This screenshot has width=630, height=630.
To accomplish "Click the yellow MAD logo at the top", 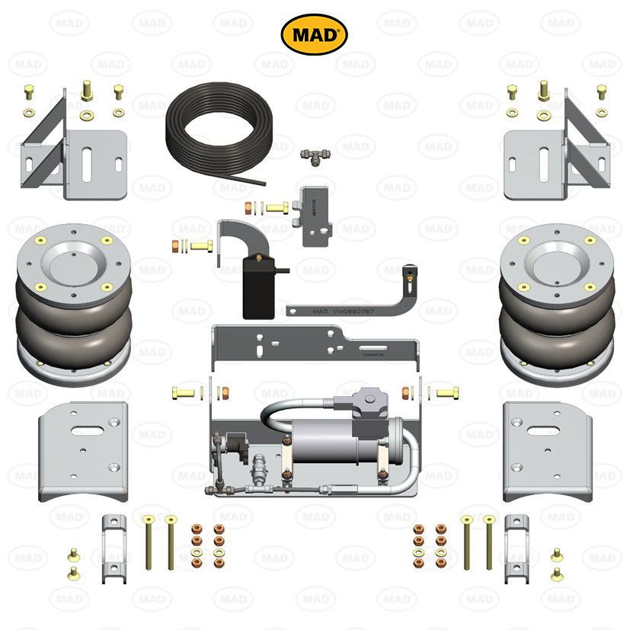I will pyautogui.click(x=315, y=34).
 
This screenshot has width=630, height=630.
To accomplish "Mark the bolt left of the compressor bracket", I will pyautogui.click(x=185, y=392).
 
